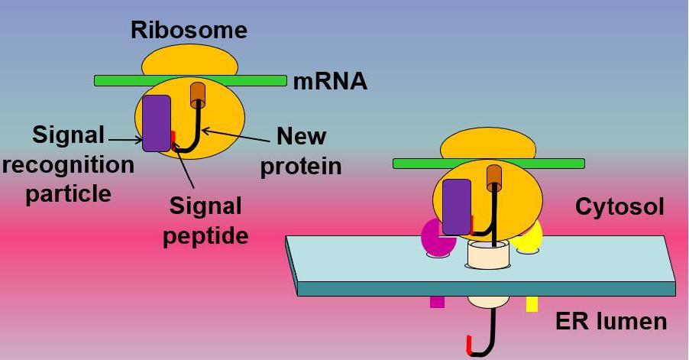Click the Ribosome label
(189, 30)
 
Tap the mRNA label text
(330, 80)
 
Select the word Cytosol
(619, 206)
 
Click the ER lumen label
(611, 320)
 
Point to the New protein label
(301, 151)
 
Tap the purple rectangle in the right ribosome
(456, 206)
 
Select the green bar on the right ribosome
(412, 164)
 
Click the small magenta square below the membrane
(437, 302)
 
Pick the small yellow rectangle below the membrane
(532, 304)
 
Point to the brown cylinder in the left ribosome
(198, 92)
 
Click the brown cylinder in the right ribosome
(496, 176)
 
